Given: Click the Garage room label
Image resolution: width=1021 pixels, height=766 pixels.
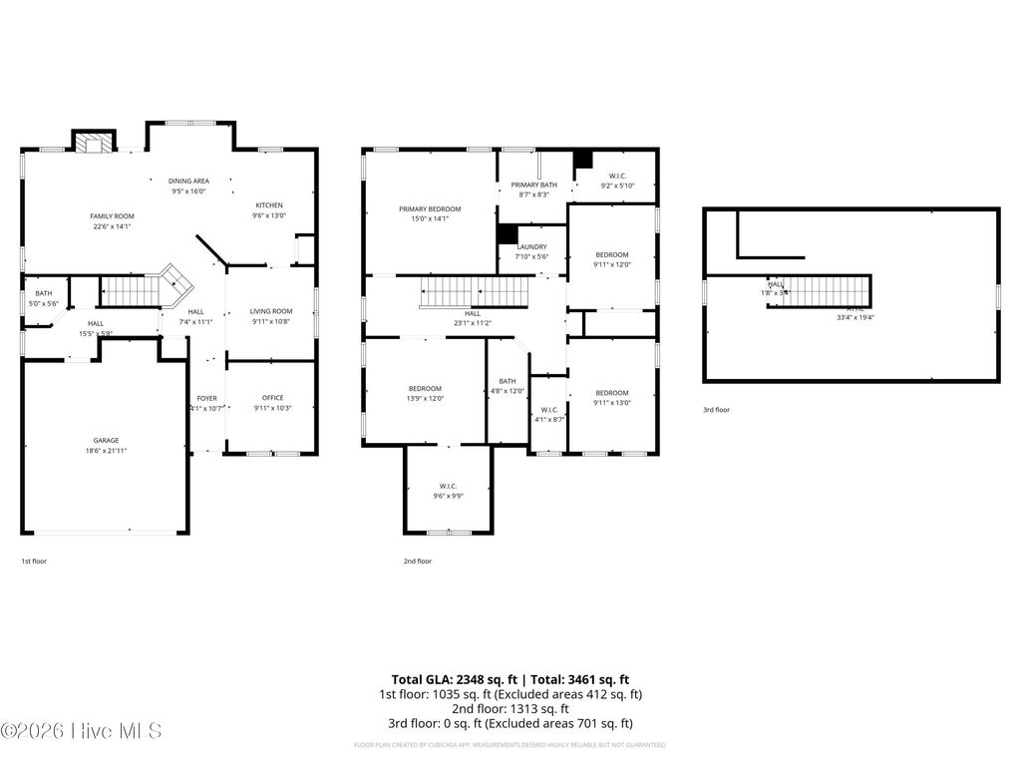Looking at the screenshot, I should (x=107, y=440).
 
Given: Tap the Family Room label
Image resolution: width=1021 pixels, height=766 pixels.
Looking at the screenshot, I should (x=112, y=215).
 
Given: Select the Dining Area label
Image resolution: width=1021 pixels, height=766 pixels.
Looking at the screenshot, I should (x=188, y=181).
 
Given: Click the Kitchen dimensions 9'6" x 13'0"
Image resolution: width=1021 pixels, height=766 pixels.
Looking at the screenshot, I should (x=268, y=215).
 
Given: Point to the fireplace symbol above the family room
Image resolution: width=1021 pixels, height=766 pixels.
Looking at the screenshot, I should (x=95, y=144).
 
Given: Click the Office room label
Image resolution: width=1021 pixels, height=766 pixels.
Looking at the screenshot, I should (x=272, y=397).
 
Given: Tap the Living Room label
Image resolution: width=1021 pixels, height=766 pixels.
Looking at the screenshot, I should (x=270, y=311).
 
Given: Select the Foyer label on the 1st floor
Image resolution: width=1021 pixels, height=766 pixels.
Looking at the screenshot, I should (x=206, y=398).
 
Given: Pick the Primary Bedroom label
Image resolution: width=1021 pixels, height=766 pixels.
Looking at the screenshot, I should (x=430, y=208).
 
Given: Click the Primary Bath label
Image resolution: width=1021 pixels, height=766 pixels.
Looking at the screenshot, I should (x=534, y=185).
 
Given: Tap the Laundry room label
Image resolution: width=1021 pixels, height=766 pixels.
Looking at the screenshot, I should (x=531, y=246).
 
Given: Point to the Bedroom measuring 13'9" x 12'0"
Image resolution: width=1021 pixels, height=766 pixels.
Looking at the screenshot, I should (x=426, y=388).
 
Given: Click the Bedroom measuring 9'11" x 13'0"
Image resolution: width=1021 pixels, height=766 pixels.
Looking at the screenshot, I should (x=611, y=392).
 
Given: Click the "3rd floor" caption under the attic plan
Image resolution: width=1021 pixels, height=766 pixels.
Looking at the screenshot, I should (x=716, y=410).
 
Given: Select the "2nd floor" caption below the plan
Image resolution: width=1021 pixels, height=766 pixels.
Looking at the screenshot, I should (x=418, y=562).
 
